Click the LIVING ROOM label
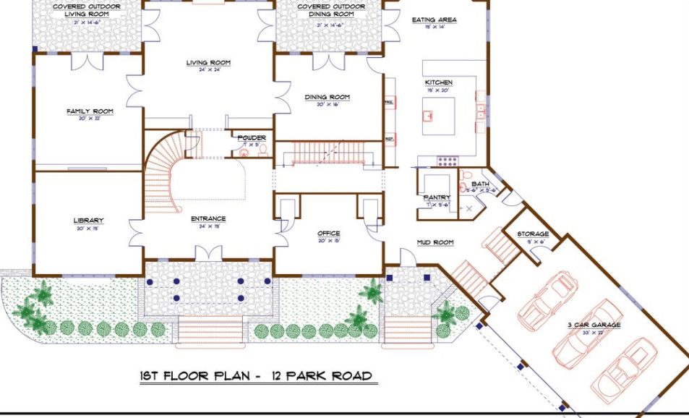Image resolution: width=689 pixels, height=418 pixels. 208,63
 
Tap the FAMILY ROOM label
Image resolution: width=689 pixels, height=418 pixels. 90,111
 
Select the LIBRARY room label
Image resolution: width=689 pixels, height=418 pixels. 88,221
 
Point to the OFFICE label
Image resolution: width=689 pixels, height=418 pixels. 328,234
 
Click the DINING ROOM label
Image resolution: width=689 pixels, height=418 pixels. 328,97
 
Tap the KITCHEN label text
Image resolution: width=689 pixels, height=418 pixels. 438,82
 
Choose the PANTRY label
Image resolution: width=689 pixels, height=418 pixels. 437,197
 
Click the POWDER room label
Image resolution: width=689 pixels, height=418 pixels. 252,137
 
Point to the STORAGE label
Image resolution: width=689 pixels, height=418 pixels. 533,234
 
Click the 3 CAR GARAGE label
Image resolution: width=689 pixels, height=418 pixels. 594,325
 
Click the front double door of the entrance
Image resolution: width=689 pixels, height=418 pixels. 207,253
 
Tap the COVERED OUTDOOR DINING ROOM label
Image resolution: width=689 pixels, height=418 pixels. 330,11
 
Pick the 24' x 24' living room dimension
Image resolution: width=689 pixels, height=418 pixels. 208,71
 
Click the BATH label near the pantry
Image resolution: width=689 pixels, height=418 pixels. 480,184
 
